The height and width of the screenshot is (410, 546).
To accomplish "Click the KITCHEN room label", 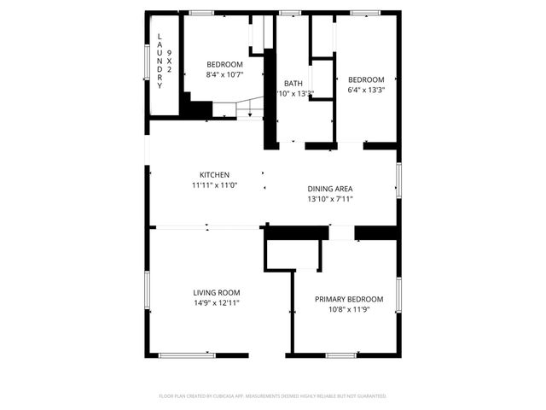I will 215,174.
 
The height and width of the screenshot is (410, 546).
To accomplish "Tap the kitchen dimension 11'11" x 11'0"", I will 215,185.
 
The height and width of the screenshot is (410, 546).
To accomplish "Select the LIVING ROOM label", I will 216,292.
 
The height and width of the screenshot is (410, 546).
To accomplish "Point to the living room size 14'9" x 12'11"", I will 216,302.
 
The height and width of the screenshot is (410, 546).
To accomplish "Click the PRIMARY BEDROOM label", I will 349,299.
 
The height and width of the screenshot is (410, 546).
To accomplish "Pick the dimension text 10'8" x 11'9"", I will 349,309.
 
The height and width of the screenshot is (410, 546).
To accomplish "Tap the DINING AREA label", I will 330,189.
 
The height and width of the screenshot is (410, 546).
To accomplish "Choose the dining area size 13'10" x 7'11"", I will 330,199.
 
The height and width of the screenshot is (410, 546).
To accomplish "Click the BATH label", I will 293,84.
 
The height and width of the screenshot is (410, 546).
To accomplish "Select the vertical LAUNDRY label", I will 160,60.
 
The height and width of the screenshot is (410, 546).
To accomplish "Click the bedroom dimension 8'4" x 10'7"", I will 224,75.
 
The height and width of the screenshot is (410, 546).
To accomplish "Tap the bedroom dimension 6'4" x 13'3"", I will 366,90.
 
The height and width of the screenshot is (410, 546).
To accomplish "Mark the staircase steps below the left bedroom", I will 239,108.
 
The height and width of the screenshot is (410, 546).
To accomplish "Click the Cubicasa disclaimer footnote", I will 273,396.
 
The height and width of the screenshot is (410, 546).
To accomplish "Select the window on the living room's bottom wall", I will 187,355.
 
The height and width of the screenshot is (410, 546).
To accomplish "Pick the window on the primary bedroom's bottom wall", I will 340,355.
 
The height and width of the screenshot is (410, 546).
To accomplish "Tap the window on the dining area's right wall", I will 398,180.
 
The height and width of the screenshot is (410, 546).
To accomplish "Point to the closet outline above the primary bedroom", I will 293,255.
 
